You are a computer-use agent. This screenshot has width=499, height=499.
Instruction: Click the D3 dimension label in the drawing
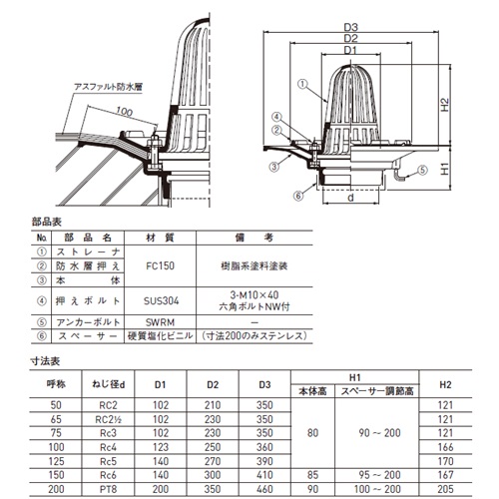(350, 27)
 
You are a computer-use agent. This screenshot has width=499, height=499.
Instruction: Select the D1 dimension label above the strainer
(350, 50)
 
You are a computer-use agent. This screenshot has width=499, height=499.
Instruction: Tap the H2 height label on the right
(445, 105)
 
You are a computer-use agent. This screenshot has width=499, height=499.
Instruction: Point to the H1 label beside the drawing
(445, 169)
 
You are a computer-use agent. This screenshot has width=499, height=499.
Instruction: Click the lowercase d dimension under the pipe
(350, 198)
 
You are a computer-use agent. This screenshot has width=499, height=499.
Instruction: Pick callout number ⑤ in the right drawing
(422, 170)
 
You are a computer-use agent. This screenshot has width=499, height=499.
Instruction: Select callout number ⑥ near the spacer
(298, 196)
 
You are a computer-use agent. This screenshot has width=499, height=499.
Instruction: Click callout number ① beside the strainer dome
(302, 84)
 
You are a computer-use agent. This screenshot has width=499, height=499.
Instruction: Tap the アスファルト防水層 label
(109, 87)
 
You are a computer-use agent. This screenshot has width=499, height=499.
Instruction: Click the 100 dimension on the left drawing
(124, 112)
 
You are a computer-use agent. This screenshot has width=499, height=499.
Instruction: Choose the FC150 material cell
(160, 265)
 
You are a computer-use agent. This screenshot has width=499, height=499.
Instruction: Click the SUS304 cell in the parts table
(161, 301)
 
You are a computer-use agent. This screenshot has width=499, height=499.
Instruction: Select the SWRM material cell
(160, 322)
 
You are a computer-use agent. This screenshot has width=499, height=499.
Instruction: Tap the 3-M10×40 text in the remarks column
(254, 295)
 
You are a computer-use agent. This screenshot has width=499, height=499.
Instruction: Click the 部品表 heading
(47, 222)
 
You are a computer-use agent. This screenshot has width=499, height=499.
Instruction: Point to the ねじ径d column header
(108, 384)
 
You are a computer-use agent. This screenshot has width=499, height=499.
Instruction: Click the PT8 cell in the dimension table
(108, 489)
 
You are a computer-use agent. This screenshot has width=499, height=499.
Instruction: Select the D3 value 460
(264, 489)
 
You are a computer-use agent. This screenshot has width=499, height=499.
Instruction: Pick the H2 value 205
(445, 489)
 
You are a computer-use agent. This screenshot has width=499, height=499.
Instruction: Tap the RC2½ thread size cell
(108, 419)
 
